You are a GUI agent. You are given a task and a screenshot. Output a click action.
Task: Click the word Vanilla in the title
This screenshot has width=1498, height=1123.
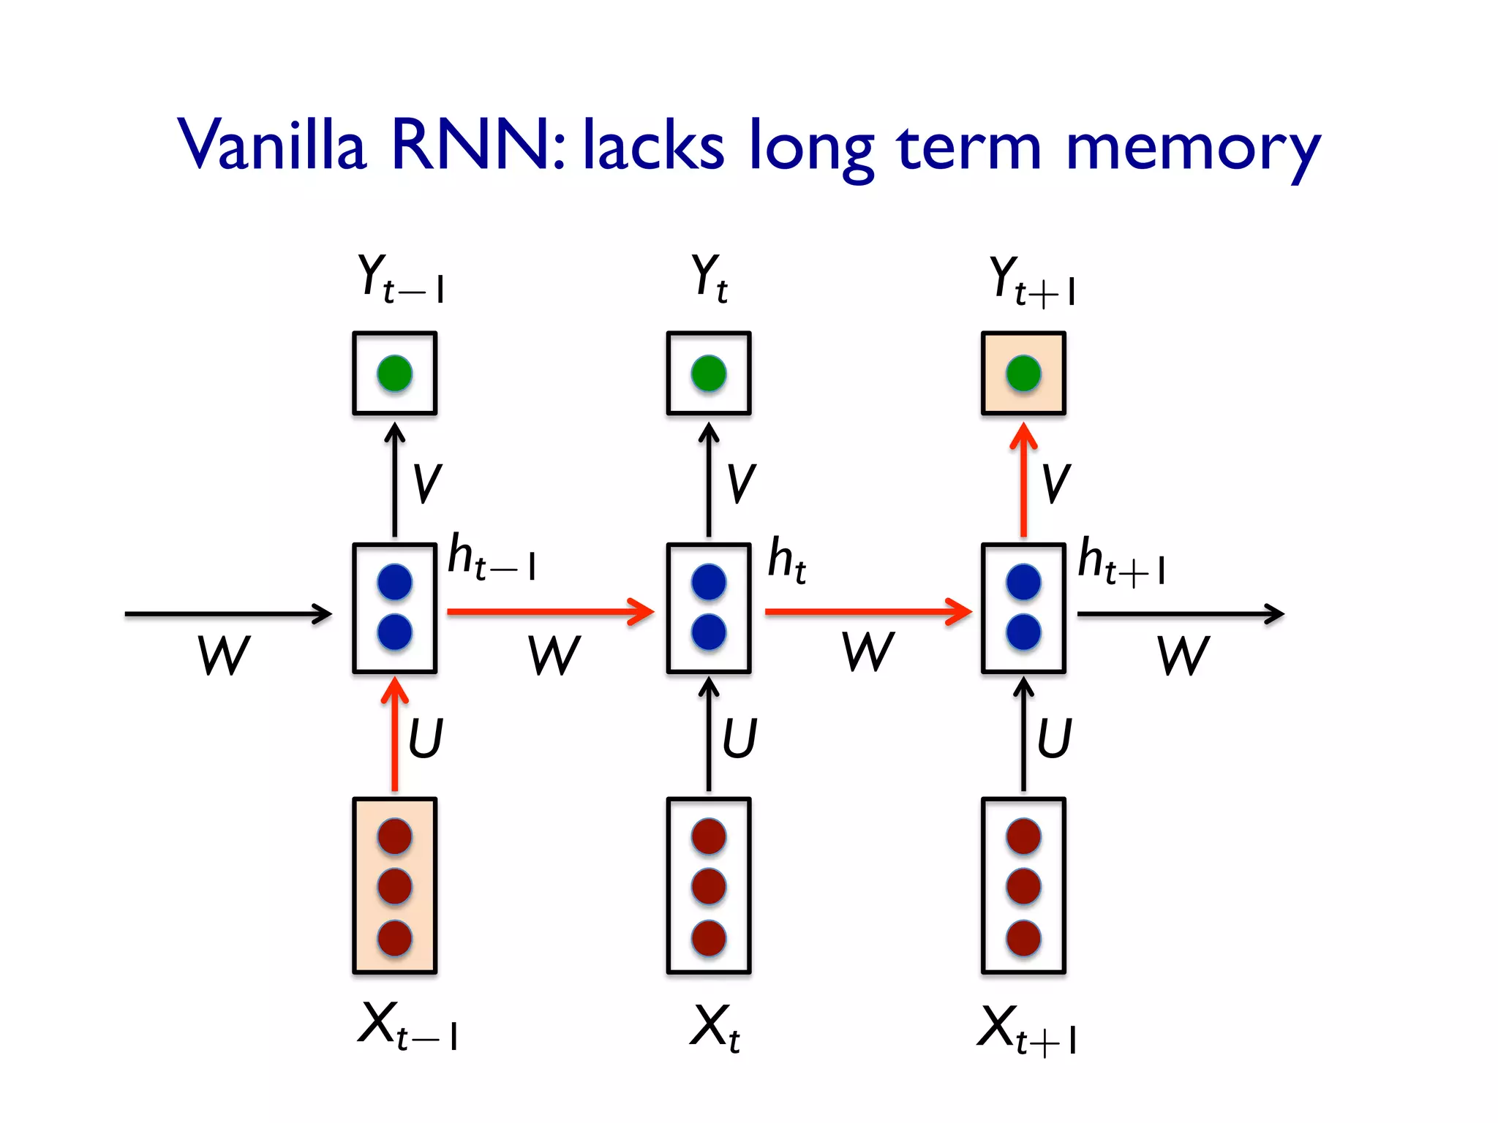pyautogui.click(x=271, y=144)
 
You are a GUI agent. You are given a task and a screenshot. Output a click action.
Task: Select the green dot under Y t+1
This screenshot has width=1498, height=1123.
pyautogui.click(x=1023, y=374)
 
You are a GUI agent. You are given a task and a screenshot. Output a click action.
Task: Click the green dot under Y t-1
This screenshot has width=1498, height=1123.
pyautogui.click(x=395, y=374)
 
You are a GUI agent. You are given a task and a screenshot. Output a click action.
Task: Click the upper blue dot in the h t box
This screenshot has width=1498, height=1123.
pyautogui.click(x=709, y=582)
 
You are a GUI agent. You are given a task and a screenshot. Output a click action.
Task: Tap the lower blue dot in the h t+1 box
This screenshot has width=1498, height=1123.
pyautogui.click(x=1023, y=632)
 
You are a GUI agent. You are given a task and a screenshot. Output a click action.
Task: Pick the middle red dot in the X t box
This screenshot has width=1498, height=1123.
pyautogui.click(x=709, y=886)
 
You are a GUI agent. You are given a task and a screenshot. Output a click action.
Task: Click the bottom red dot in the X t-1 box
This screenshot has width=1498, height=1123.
pyautogui.click(x=395, y=938)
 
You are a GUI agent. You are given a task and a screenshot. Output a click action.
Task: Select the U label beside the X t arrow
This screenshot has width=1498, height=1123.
pyautogui.click(x=739, y=738)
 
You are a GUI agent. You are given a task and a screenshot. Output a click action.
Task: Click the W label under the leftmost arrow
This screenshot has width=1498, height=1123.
pyautogui.click(x=224, y=655)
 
